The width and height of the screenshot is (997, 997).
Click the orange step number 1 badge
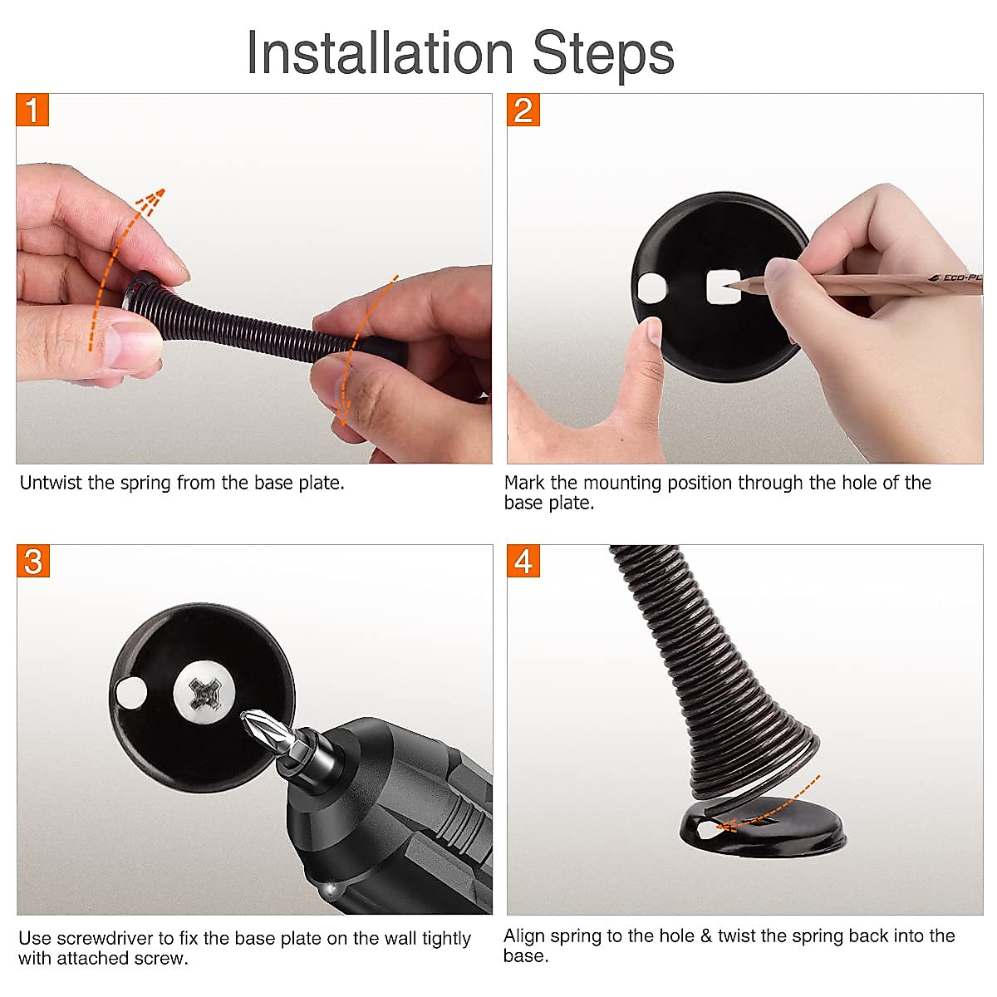32,110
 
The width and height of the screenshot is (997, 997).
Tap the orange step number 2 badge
523,110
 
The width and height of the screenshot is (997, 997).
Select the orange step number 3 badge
33,560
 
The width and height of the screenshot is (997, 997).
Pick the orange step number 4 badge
523,560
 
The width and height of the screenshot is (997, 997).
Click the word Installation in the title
381,53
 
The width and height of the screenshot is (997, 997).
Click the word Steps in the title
603,56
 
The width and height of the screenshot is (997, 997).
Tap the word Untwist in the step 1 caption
51,483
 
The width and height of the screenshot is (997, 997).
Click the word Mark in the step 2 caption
524,483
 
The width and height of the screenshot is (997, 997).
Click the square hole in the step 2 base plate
723,287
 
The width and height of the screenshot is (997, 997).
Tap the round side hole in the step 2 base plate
652,288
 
